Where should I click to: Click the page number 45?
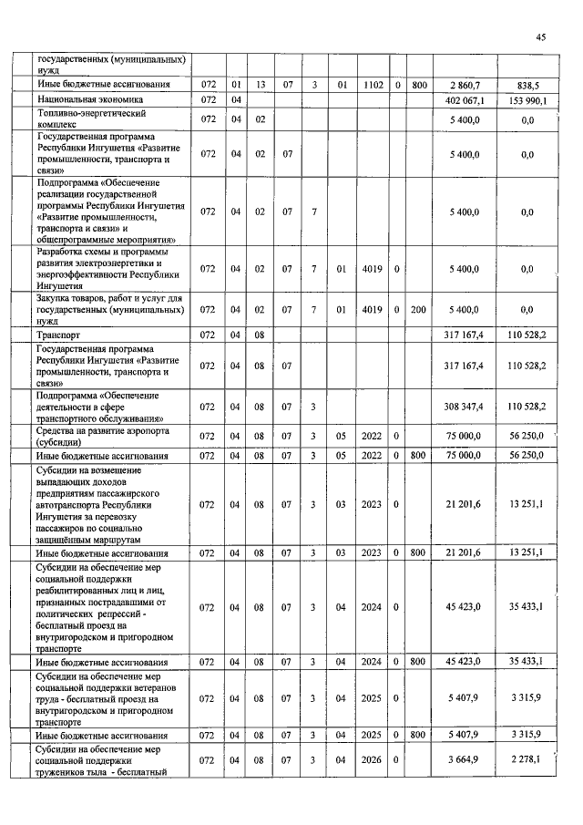540,37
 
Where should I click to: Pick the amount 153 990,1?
524,99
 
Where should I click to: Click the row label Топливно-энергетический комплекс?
91,119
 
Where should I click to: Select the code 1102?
371,85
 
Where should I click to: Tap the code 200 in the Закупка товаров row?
418,310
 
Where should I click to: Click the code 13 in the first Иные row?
261,85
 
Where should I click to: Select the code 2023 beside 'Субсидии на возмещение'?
371,504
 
